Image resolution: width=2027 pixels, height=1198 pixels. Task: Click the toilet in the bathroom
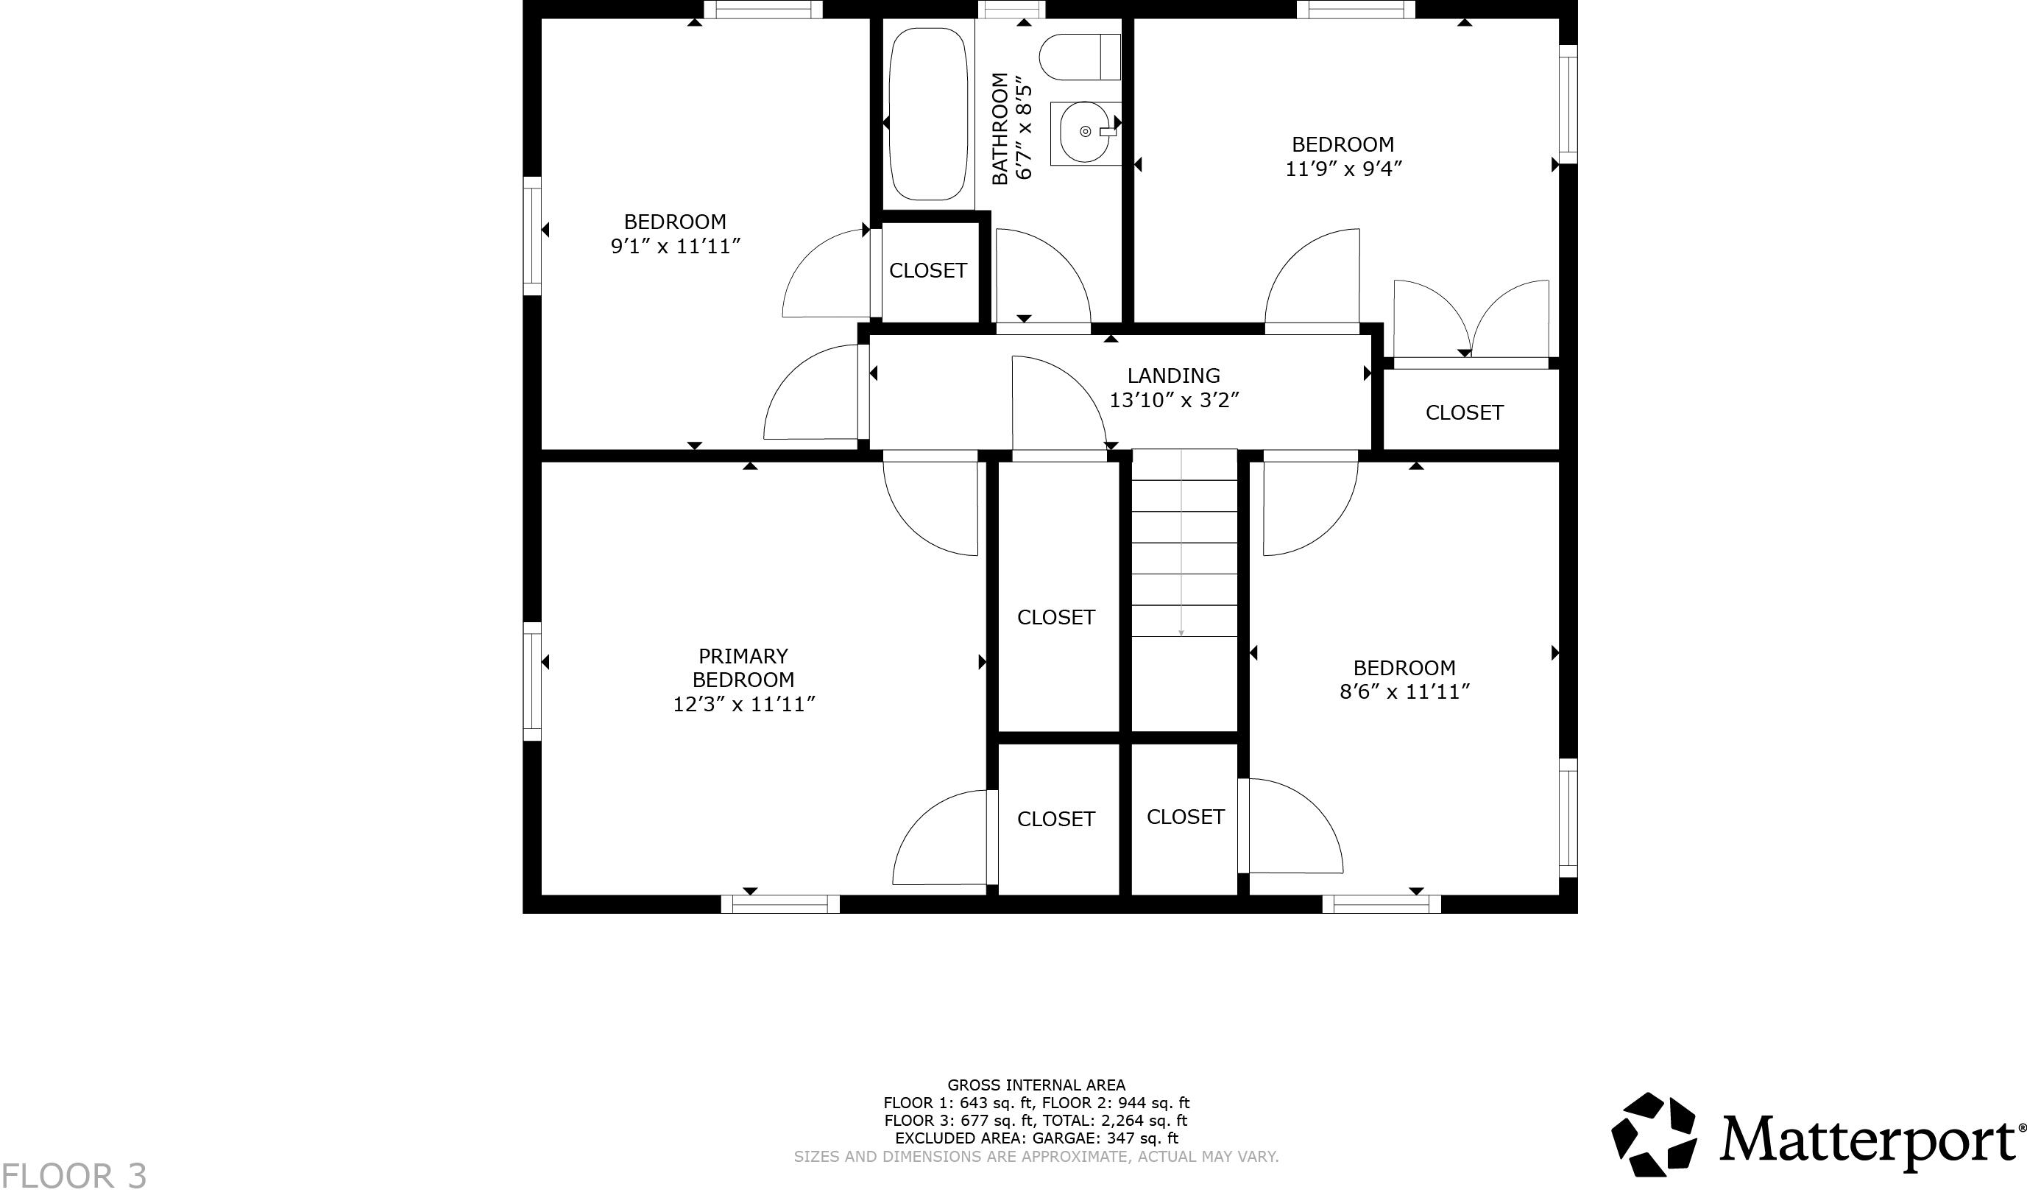pos(1079,57)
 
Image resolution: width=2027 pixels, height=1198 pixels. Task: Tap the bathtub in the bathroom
pos(928,114)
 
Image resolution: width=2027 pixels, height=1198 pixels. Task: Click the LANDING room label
pos(1173,376)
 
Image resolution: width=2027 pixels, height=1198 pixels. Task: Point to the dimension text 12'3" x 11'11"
pos(743,704)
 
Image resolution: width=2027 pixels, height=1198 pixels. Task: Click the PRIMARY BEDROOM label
pos(743,668)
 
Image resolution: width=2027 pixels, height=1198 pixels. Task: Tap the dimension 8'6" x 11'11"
pos(1404,692)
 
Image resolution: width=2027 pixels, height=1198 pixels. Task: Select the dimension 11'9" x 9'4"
pos(1343,169)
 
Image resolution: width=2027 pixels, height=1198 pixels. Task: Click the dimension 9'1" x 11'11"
pos(675,246)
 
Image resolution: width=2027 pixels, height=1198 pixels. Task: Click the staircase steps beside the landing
pos(1183,557)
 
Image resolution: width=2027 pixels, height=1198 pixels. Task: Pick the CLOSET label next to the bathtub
pos(927,270)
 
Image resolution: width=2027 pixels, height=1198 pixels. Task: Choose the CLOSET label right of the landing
pos(1464,412)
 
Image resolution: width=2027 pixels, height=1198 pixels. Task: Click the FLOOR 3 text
pos(74,1175)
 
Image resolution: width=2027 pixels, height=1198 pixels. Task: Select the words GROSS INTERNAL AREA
pos(1036,1085)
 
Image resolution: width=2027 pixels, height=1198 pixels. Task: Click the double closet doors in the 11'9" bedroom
pos(1471,320)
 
